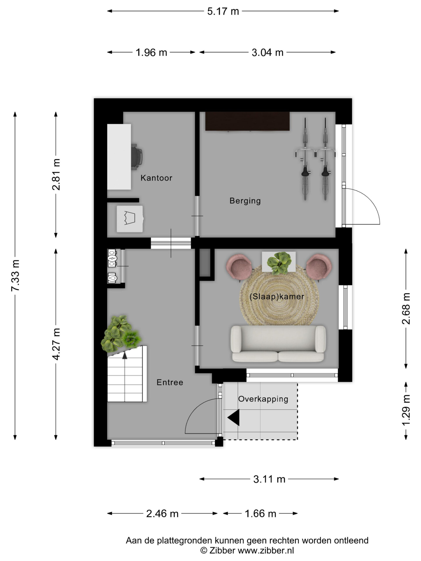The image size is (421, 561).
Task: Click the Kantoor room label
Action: click(156, 178)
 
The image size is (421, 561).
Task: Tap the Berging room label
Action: click(245, 201)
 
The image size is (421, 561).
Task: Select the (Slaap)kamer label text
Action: click(277, 296)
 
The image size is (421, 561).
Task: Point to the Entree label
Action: click(170, 382)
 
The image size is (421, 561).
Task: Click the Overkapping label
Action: click(263, 399)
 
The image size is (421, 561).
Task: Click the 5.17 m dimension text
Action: click(223, 11)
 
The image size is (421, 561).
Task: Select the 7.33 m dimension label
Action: click(15, 275)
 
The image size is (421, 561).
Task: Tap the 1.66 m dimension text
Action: click(260, 514)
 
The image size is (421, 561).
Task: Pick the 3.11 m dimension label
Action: click(269, 479)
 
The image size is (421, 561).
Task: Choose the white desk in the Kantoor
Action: click(119, 157)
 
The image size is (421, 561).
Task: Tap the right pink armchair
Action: click(319, 267)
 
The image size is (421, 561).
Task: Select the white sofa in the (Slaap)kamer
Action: click(278, 344)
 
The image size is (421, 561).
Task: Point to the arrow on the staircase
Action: click(125, 355)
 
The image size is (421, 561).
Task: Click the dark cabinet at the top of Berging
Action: click(247, 121)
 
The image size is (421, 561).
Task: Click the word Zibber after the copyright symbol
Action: click(222, 550)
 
